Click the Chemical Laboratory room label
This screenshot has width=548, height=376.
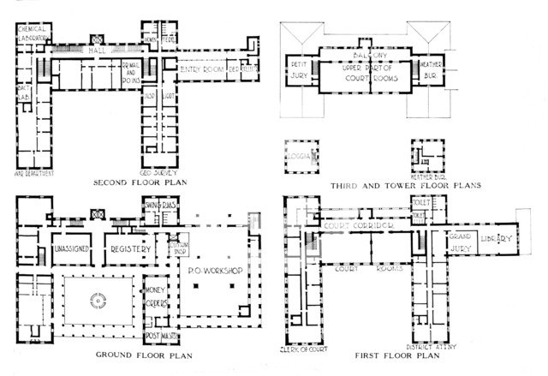35,33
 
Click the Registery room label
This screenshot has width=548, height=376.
131,248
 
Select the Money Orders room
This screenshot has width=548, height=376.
155,296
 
